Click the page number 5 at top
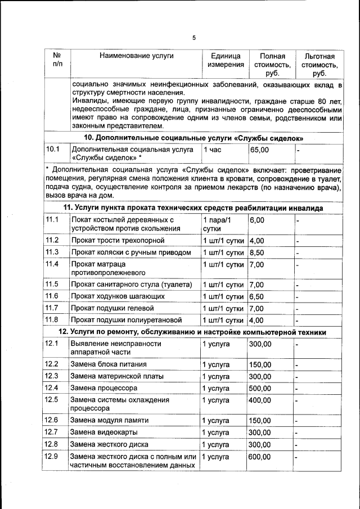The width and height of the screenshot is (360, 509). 194,38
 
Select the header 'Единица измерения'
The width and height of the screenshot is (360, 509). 226,61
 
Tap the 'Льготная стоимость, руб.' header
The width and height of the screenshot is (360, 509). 319,65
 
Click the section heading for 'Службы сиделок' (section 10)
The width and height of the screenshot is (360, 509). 193,138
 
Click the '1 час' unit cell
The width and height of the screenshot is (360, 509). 213,150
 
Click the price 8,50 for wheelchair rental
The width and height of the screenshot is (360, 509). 257,252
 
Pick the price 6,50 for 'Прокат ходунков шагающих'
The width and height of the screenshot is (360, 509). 257,296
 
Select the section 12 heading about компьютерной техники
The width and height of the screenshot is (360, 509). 193,332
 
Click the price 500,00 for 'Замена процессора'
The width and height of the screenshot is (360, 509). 260,388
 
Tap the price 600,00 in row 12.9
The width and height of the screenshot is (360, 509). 260,457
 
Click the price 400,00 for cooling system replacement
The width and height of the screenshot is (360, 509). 260,400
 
